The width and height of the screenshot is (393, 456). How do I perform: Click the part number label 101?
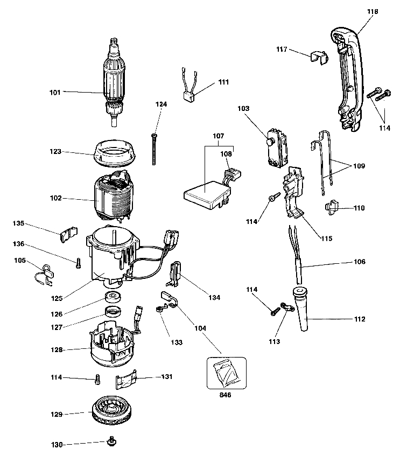tap(55, 92)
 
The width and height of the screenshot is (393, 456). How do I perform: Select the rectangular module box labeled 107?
tap(204, 194)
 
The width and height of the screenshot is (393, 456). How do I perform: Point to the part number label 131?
tap(167, 376)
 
